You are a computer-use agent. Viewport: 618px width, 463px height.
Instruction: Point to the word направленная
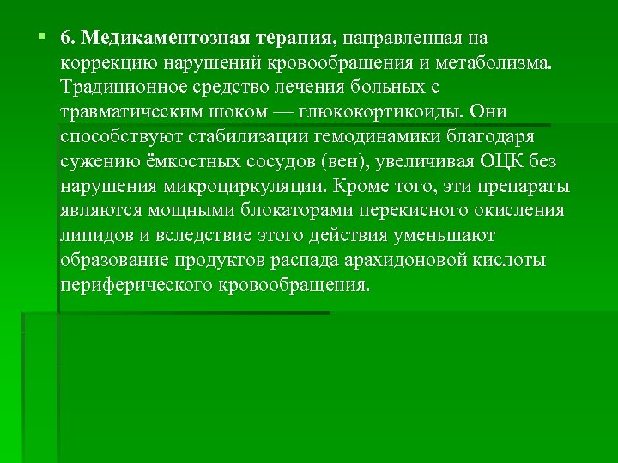click(x=405, y=39)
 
